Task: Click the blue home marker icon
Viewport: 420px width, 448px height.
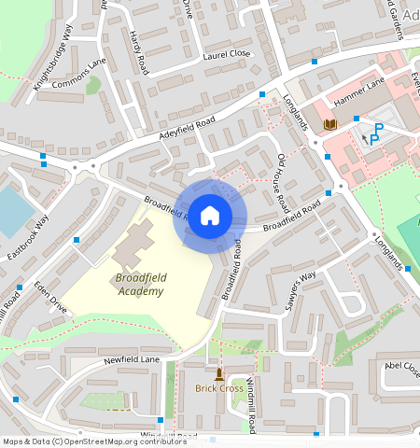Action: click(x=210, y=216)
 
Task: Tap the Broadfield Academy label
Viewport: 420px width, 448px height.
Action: click(x=140, y=285)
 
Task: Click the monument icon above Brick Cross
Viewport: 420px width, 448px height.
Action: click(x=219, y=373)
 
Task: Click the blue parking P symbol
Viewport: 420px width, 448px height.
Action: click(x=376, y=133)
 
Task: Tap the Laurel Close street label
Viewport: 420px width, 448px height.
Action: click(x=227, y=55)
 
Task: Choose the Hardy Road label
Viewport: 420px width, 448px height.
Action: click(x=140, y=53)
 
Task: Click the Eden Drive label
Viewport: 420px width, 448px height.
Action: click(x=50, y=294)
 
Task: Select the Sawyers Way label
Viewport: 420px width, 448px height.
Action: click(x=301, y=290)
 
